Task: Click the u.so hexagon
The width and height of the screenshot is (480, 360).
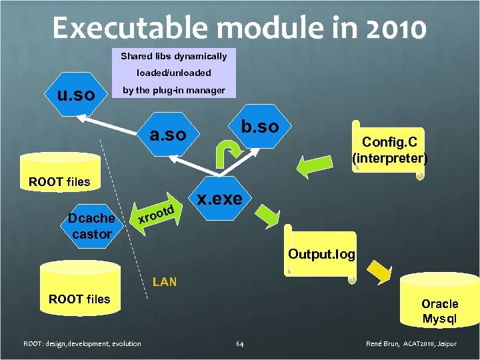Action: pos(75,95)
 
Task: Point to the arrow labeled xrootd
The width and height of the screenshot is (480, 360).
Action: pos(155,213)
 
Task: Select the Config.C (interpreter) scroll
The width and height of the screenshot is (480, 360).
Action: pos(389,150)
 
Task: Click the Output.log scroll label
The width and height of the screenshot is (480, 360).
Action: pos(321,254)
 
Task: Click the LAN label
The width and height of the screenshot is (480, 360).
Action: pos(165,281)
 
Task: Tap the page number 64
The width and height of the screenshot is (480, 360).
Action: pos(240,343)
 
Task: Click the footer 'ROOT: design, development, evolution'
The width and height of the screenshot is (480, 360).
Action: pos(82,343)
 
